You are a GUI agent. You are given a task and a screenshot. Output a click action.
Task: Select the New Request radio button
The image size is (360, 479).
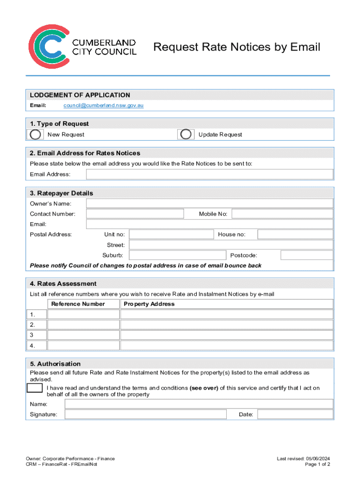click(35, 134)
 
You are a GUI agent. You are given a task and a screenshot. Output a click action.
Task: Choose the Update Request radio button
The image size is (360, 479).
click(186, 134)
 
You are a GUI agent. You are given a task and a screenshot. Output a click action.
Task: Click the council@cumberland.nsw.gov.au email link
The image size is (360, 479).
click(103, 106)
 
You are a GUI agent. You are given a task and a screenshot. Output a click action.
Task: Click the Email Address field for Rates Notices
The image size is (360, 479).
click(209, 174)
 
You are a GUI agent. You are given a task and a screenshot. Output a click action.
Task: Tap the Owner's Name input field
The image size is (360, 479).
click(209, 203)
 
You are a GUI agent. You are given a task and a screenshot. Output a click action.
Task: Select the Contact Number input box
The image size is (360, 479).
click(135, 214)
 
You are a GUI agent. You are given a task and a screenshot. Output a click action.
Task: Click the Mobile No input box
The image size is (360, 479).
click(282, 214)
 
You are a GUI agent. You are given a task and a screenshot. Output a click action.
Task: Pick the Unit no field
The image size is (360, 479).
click(171, 234)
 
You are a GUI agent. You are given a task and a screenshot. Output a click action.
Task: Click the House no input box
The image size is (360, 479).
click(295, 234)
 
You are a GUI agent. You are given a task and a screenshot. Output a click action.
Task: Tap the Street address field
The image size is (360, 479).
click(231, 245)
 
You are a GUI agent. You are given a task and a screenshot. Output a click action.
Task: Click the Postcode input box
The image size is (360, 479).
click(307, 255)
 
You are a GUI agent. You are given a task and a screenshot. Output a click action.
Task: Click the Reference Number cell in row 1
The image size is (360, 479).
click(83, 314)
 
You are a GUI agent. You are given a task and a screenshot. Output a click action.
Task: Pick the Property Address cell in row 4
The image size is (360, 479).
click(227, 346)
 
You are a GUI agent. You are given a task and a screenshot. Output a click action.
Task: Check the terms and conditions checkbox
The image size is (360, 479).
click(35, 388)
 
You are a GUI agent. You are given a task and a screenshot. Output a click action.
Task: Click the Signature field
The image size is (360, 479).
click(145, 414)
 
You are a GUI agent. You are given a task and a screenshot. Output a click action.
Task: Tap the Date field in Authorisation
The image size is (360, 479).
click(295, 414)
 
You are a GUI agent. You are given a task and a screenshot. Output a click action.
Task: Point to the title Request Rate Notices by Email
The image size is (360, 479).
click(237, 47)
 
